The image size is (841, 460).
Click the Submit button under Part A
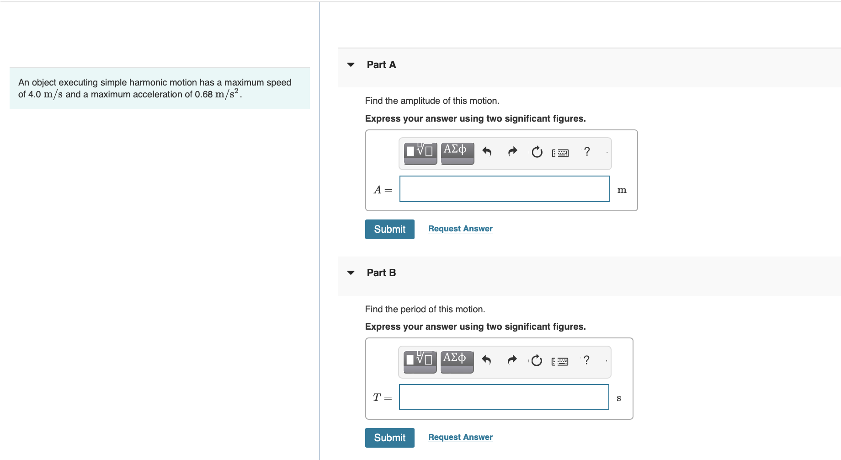tap(389, 229)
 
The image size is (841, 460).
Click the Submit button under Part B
tap(389, 438)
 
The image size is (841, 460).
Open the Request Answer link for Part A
tap(460, 229)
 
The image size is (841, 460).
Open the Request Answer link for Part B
tap(460, 437)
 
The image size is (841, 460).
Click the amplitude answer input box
tap(505, 189)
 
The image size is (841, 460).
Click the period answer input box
tap(504, 397)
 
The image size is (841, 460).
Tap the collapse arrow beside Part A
tap(351, 64)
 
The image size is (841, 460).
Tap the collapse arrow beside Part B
tap(351, 273)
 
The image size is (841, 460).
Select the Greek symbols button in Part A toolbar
tap(457, 153)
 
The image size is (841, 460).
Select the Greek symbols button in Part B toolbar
tap(457, 361)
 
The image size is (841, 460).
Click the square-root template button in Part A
tap(420, 153)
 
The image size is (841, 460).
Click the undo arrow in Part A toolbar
tap(487, 151)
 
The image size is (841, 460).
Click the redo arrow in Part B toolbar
tap(512, 360)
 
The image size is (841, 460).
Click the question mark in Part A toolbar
tap(587, 151)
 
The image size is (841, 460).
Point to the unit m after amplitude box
tap(622, 190)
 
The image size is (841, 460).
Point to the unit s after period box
tap(619, 398)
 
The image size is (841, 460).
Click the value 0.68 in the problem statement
tap(204, 94)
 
